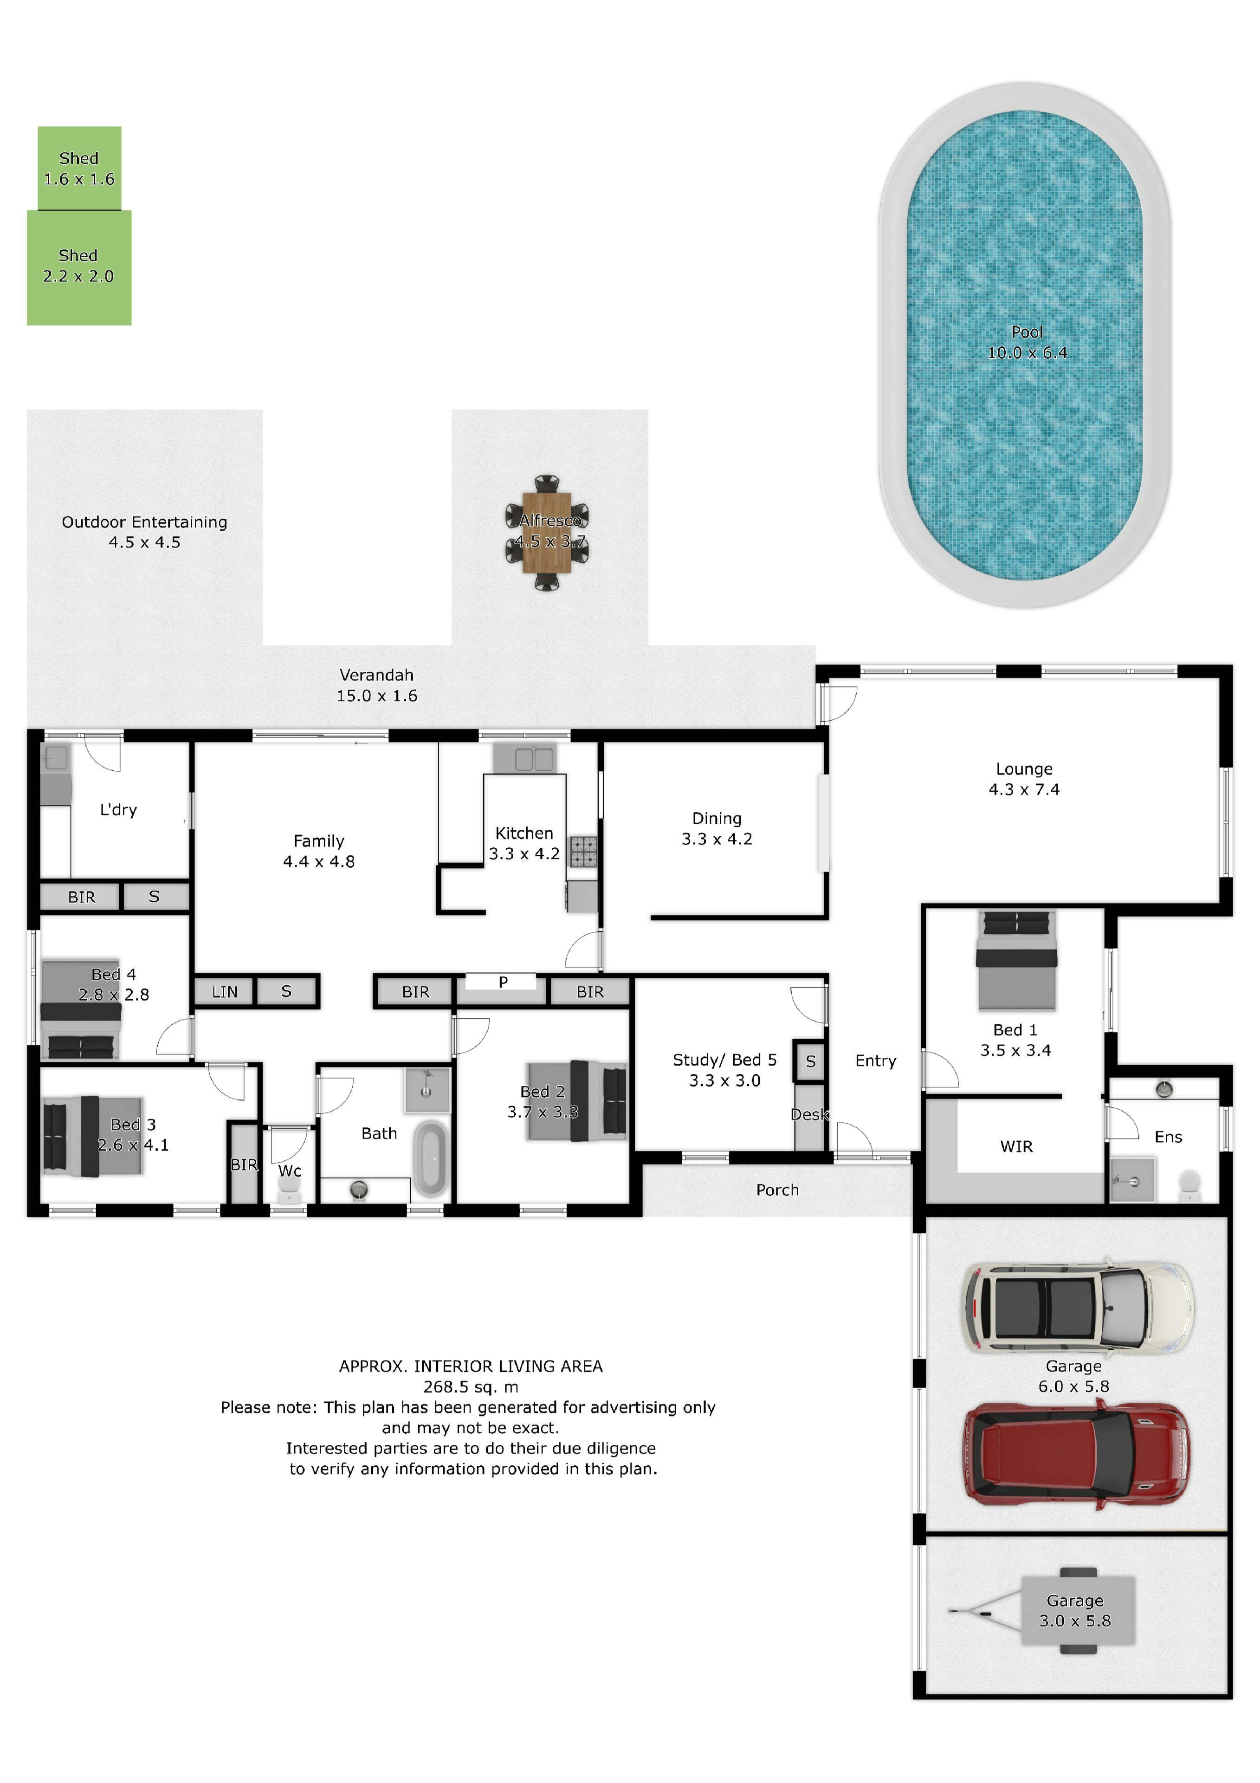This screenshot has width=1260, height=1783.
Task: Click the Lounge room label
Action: pyautogui.click(x=1024, y=769)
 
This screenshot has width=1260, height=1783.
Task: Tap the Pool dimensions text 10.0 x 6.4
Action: pyautogui.click(x=1027, y=352)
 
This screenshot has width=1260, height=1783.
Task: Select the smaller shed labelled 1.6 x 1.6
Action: pyautogui.click(x=79, y=169)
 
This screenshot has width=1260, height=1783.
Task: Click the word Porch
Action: pyautogui.click(x=777, y=1190)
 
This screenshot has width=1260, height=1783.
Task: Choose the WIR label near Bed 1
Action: pyautogui.click(x=1016, y=1146)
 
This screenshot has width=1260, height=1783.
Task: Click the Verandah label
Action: pyautogui.click(x=376, y=675)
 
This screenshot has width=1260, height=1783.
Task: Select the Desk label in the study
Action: pyautogui.click(x=810, y=1114)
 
